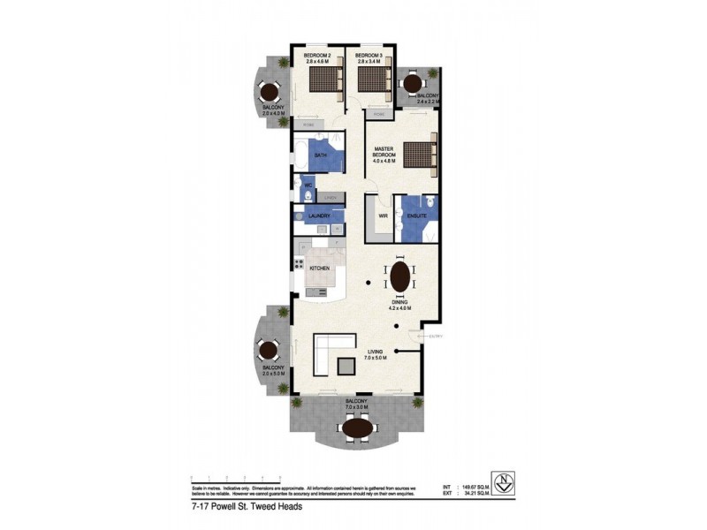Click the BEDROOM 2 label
click(x=316, y=56)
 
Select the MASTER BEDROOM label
click(x=384, y=154)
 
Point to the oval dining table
click(x=400, y=276)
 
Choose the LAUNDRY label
click(x=319, y=216)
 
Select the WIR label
click(x=384, y=215)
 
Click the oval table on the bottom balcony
click(x=358, y=428)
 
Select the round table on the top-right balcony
click(x=412, y=83)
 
